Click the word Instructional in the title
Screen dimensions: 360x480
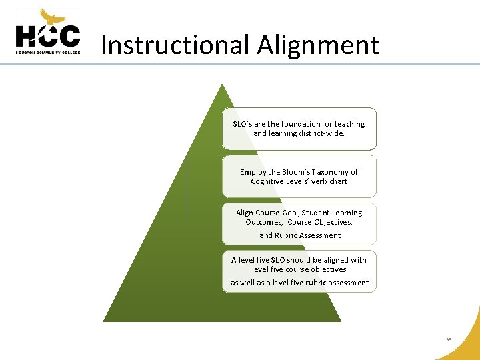pyautogui.click(x=175, y=45)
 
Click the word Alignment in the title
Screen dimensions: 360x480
pyautogui.click(x=318, y=45)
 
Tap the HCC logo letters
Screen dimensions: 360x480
pyautogui.click(x=48, y=36)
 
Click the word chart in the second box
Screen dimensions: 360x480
pyautogui.click(x=338, y=181)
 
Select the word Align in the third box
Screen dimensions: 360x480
pyautogui.click(x=245, y=213)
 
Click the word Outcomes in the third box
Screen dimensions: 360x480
pyautogui.click(x=264, y=222)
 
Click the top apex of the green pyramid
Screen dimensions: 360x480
pyautogui.click(x=222, y=85)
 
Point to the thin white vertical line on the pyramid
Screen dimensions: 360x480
pyautogui.click(x=187, y=185)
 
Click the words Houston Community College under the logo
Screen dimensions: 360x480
pyautogui.click(x=48, y=51)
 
